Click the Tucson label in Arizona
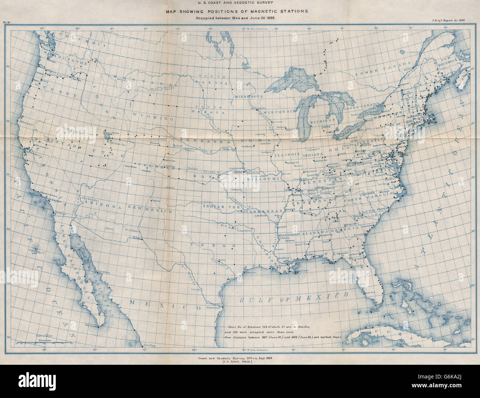[109, 229]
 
